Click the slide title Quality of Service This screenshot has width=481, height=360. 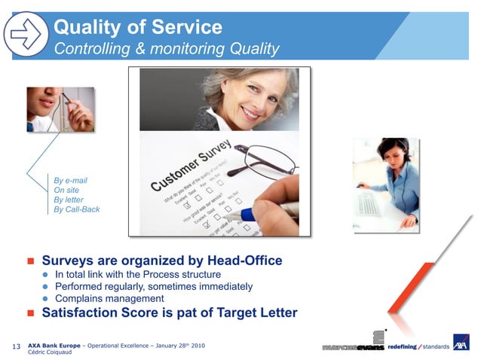pos(137,28)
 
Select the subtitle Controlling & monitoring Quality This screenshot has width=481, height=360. pos(167,50)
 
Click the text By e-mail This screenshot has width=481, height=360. pos(70,181)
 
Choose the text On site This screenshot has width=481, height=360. pos(66,191)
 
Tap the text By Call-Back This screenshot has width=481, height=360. pos(76,209)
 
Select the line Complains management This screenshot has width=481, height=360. pos(109,298)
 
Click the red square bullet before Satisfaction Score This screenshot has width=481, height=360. pos(32,313)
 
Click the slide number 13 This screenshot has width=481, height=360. pos(17,346)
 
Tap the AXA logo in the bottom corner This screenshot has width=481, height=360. pos(461,343)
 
